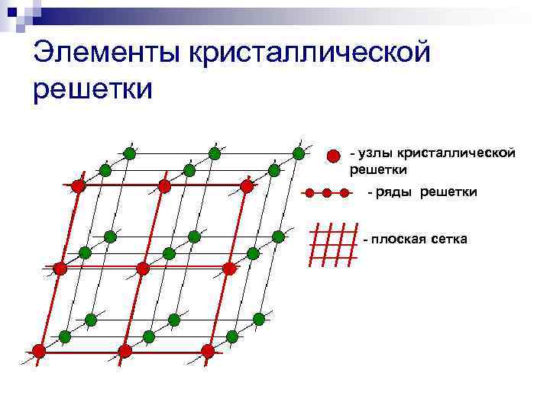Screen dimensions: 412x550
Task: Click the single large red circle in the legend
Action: pyautogui.click(x=333, y=156)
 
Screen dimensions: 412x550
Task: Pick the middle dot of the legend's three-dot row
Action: pyautogui.click(x=327, y=192)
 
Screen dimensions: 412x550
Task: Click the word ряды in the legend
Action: pyautogui.click(x=395, y=192)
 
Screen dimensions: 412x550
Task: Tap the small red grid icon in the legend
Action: pyautogui.click(x=332, y=244)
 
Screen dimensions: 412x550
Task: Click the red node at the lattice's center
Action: pyautogui.click(x=142, y=268)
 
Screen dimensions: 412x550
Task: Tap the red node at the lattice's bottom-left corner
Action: pyautogui.click(x=39, y=352)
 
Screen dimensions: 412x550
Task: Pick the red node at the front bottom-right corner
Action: pyautogui.click(x=208, y=351)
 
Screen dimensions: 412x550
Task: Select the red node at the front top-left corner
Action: pyautogui.click(x=78, y=185)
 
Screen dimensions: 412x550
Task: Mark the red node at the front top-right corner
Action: pyautogui.click(x=247, y=185)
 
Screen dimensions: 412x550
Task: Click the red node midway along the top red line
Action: pyautogui.click(x=163, y=185)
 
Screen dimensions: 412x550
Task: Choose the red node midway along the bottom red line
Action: pyautogui.click(x=125, y=351)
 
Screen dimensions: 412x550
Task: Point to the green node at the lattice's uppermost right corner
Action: pyautogui.click(x=299, y=153)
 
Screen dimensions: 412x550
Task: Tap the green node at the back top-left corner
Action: pyautogui.click(x=130, y=153)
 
